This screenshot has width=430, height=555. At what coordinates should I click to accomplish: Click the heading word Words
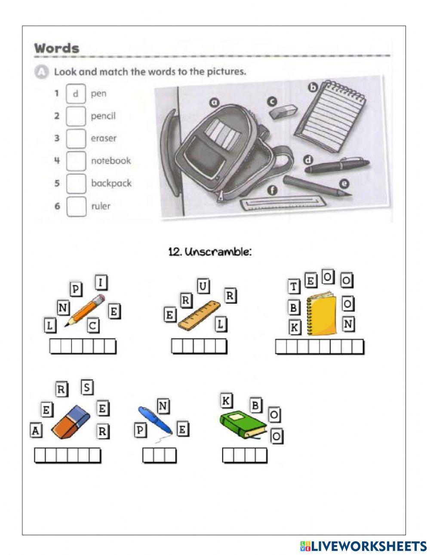click(x=57, y=48)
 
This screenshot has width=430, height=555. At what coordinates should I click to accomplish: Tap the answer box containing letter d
click(x=76, y=94)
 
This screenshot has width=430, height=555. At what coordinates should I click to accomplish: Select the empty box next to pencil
click(x=76, y=116)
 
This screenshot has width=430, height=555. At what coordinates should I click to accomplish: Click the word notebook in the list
click(x=111, y=161)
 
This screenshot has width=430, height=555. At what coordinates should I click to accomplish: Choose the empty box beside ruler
click(x=76, y=206)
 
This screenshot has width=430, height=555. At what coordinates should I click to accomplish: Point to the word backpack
click(x=111, y=183)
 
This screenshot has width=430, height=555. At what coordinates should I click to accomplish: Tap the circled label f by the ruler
click(x=272, y=190)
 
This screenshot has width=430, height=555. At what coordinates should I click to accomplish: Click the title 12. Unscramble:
click(x=210, y=252)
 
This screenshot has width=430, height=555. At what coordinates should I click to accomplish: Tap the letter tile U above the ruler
click(x=203, y=285)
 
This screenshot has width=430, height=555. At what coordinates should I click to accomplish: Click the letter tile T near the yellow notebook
click(x=294, y=286)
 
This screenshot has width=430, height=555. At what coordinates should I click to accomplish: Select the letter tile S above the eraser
click(x=87, y=387)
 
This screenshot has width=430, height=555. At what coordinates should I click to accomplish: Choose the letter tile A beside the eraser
click(x=36, y=430)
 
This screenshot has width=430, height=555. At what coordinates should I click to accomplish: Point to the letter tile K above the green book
click(x=226, y=401)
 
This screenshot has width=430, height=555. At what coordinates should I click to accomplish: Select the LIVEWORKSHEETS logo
click(x=363, y=546)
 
